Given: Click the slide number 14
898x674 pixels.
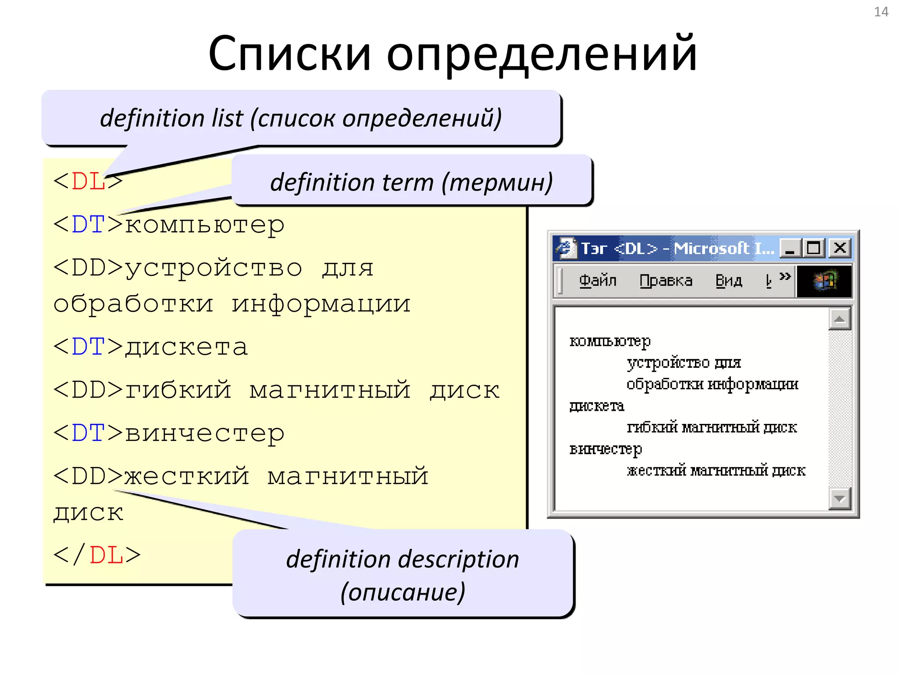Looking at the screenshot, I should (881, 12).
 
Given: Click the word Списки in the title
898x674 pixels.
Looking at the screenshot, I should (290, 54).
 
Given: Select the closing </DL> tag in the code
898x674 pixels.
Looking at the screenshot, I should (97, 555).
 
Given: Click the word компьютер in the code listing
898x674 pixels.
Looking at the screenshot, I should (205, 226).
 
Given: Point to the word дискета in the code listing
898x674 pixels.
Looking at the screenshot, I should (187, 348).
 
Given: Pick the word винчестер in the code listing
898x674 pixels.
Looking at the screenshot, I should (205, 434).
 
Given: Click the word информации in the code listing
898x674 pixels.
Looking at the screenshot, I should (321, 304).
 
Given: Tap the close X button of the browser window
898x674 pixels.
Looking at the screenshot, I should (840, 248).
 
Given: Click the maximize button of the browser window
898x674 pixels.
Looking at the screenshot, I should (814, 248).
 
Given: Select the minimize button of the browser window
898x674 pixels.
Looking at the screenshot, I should (790, 248).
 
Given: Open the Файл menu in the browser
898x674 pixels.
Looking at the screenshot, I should (597, 280).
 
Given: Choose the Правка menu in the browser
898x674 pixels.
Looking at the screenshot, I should (666, 280).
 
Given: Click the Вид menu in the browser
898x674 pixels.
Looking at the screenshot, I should (728, 280).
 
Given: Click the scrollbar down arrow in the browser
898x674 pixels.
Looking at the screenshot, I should (839, 498).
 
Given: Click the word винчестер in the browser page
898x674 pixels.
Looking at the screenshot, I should (606, 449).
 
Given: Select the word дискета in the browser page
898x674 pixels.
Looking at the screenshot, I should (596, 406).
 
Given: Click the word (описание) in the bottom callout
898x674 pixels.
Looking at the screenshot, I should (403, 592).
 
